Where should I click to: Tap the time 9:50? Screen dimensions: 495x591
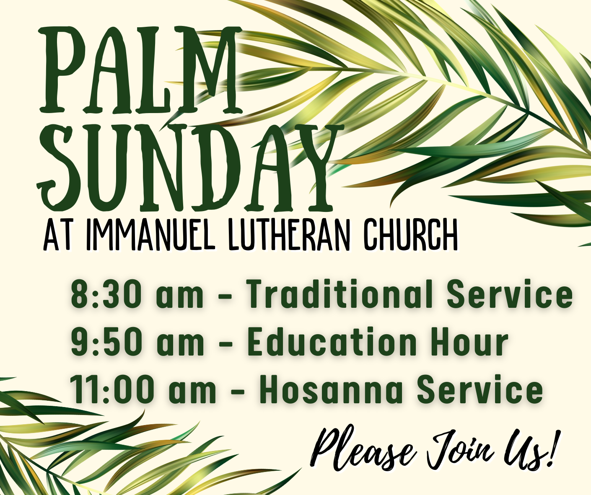[106, 342]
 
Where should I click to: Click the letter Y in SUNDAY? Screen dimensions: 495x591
[312, 168]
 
